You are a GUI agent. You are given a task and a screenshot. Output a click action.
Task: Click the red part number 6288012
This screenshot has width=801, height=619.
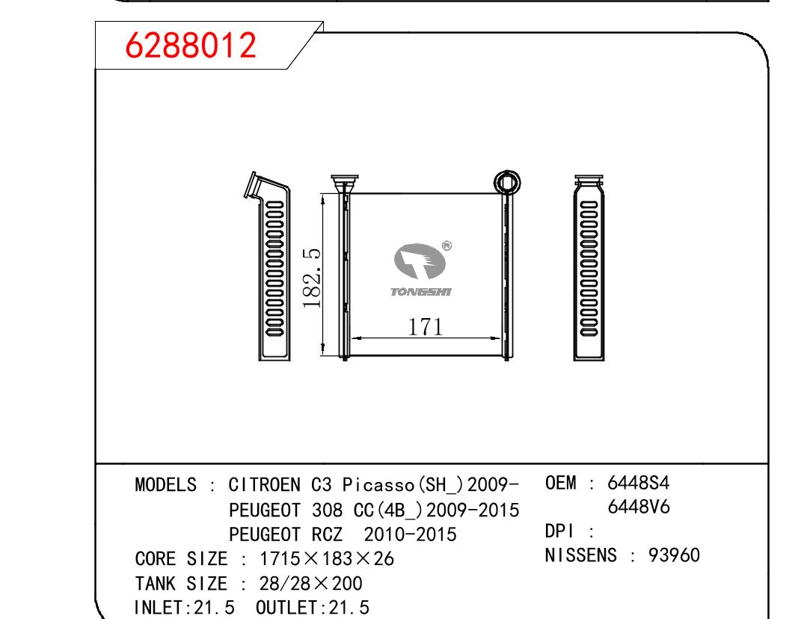tap(190, 45)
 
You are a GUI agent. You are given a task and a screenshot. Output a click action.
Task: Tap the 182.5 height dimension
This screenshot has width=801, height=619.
tap(311, 278)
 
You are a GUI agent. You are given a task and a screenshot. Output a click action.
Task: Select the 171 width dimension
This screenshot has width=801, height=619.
tap(425, 326)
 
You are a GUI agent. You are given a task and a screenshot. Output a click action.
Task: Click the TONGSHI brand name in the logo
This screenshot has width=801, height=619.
tap(421, 292)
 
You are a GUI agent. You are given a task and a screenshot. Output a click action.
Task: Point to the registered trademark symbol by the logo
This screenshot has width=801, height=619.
tap(446, 246)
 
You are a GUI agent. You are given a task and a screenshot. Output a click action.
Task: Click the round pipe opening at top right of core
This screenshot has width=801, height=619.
tap(507, 183)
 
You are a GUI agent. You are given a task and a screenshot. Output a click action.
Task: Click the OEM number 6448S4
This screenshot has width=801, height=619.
tap(638, 483)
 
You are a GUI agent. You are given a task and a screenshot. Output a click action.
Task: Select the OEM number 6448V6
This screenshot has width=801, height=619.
tap(639, 507)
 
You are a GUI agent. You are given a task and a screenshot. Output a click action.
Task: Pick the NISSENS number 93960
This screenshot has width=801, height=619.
tap(674, 555)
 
